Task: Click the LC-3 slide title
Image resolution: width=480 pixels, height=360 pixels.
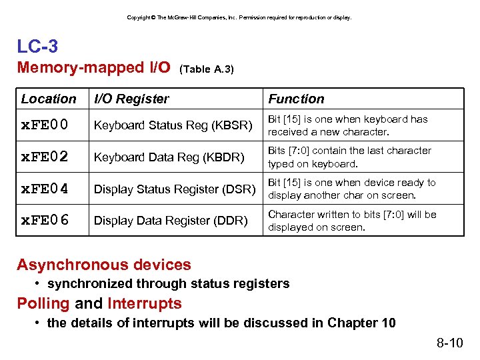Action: pos(37,46)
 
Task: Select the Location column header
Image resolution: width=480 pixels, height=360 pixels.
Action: pos(49,99)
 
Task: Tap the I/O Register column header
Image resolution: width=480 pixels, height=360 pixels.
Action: pos(131,99)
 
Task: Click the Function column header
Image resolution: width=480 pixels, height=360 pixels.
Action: pos(296,99)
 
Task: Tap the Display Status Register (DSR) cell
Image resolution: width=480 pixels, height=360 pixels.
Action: pos(175,189)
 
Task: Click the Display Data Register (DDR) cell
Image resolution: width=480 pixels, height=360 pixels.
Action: pos(171,221)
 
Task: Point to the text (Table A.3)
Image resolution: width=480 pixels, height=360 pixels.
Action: pos(207,69)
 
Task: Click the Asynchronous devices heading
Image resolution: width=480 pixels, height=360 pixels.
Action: pos(104,265)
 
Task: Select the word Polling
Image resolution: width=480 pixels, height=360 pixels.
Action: pos(43,303)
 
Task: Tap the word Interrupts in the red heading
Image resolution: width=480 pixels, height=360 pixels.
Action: pos(145,303)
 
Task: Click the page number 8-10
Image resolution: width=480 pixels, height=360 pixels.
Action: pos(449,343)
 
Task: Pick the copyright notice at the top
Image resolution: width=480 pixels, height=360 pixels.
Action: pos(239,17)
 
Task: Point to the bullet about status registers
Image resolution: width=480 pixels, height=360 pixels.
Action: pos(168,283)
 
